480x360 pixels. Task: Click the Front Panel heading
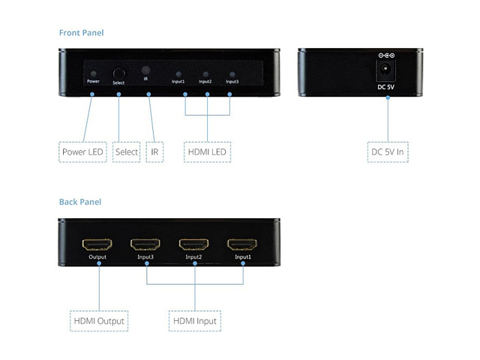click(81, 33)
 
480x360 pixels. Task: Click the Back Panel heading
click(79, 202)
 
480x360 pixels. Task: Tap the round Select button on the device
click(118, 74)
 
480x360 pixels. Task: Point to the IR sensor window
click(145, 70)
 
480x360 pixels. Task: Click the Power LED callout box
click(83, 151)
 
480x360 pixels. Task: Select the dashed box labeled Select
click(127, 151)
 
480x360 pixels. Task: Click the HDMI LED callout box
click(208, 151)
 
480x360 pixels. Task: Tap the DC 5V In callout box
click(388, 151)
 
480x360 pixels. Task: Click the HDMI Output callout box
click(99, 321)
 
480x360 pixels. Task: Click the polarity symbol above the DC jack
click(387, 55)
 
